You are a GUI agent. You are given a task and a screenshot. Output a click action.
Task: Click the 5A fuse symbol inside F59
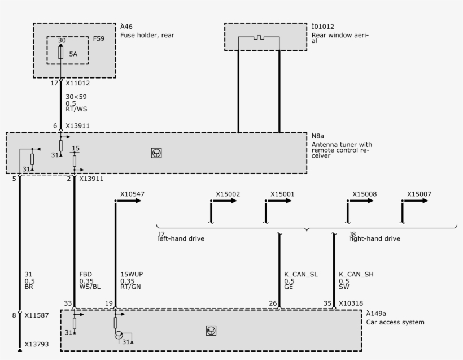pyautogui.click(x=60, y=53)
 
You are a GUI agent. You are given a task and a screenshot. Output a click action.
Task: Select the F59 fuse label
pyautogui.click(x=99, y=39)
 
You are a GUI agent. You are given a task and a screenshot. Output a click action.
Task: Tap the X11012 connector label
pyautogui.click(x=78, y=83)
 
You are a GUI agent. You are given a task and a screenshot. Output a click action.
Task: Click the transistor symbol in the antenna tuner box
pyautogui.click(x=156, y=153)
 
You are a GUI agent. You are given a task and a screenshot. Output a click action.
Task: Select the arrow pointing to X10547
pyautogui.click(x=129, y=201)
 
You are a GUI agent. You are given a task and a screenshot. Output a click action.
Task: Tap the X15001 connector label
pyautogui.click(x=282, y=194)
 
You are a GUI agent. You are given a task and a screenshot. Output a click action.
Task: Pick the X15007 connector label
pyautogui.click(x=419, y=194)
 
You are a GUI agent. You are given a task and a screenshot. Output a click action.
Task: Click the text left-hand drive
pyautogui.click(x=181, y=239)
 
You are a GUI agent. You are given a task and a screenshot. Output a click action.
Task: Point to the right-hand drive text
pyautogui.click(x=374, y=239)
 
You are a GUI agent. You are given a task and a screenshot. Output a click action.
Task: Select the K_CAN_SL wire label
pyautogui.click(x=301, y=275)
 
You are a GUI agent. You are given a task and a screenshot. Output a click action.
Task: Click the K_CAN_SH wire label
pyautogui.click(x=356, y=275)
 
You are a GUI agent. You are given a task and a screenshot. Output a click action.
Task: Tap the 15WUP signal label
pyautogui.click(x=131, y=275)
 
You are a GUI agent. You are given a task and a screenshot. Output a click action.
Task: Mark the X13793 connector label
pyautogui.click(x=36, y=343)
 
